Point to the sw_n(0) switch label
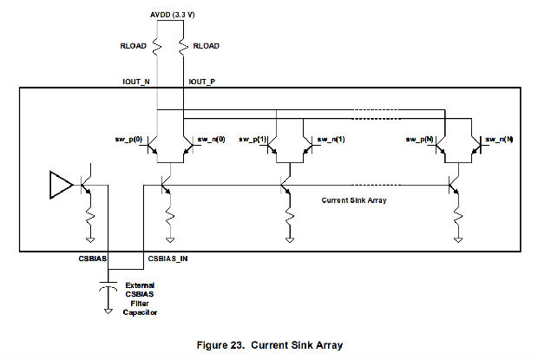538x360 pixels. coord(211,139)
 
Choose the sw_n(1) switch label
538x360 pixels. coord(330,139)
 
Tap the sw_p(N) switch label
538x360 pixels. coord(419,139)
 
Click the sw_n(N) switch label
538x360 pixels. coord(499,139)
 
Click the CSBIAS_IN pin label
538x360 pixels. coord(166,258)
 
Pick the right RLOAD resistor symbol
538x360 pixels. coord(186,46)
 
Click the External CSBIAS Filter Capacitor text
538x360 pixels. coord(141,298)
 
